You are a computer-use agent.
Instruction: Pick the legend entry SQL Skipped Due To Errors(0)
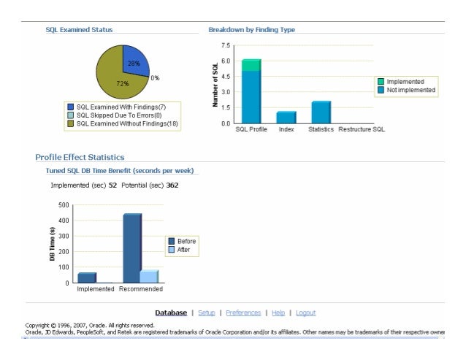coord(120,115)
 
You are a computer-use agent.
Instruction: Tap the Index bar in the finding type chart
coord(286,117)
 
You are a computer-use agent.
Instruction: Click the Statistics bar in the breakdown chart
coord(321,112)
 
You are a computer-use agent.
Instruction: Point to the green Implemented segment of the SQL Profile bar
coord(251,65)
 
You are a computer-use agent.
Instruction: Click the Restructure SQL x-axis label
coord(362,129)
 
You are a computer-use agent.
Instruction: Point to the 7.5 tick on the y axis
coord(226,45)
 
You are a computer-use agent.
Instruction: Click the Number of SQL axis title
coord(216,85)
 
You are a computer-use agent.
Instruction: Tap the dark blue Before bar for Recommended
coord(132,248)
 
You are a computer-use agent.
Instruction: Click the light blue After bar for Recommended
coord(149,276)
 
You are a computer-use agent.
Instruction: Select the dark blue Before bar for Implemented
coord(87,277)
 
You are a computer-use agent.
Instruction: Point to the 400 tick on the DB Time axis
coord(64,220)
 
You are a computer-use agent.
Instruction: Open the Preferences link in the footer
coord(243,313)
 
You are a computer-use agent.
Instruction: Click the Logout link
coord(305,313)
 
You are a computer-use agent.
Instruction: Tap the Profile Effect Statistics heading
coord(80,157)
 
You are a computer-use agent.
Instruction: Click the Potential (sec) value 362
coord(172,185)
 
